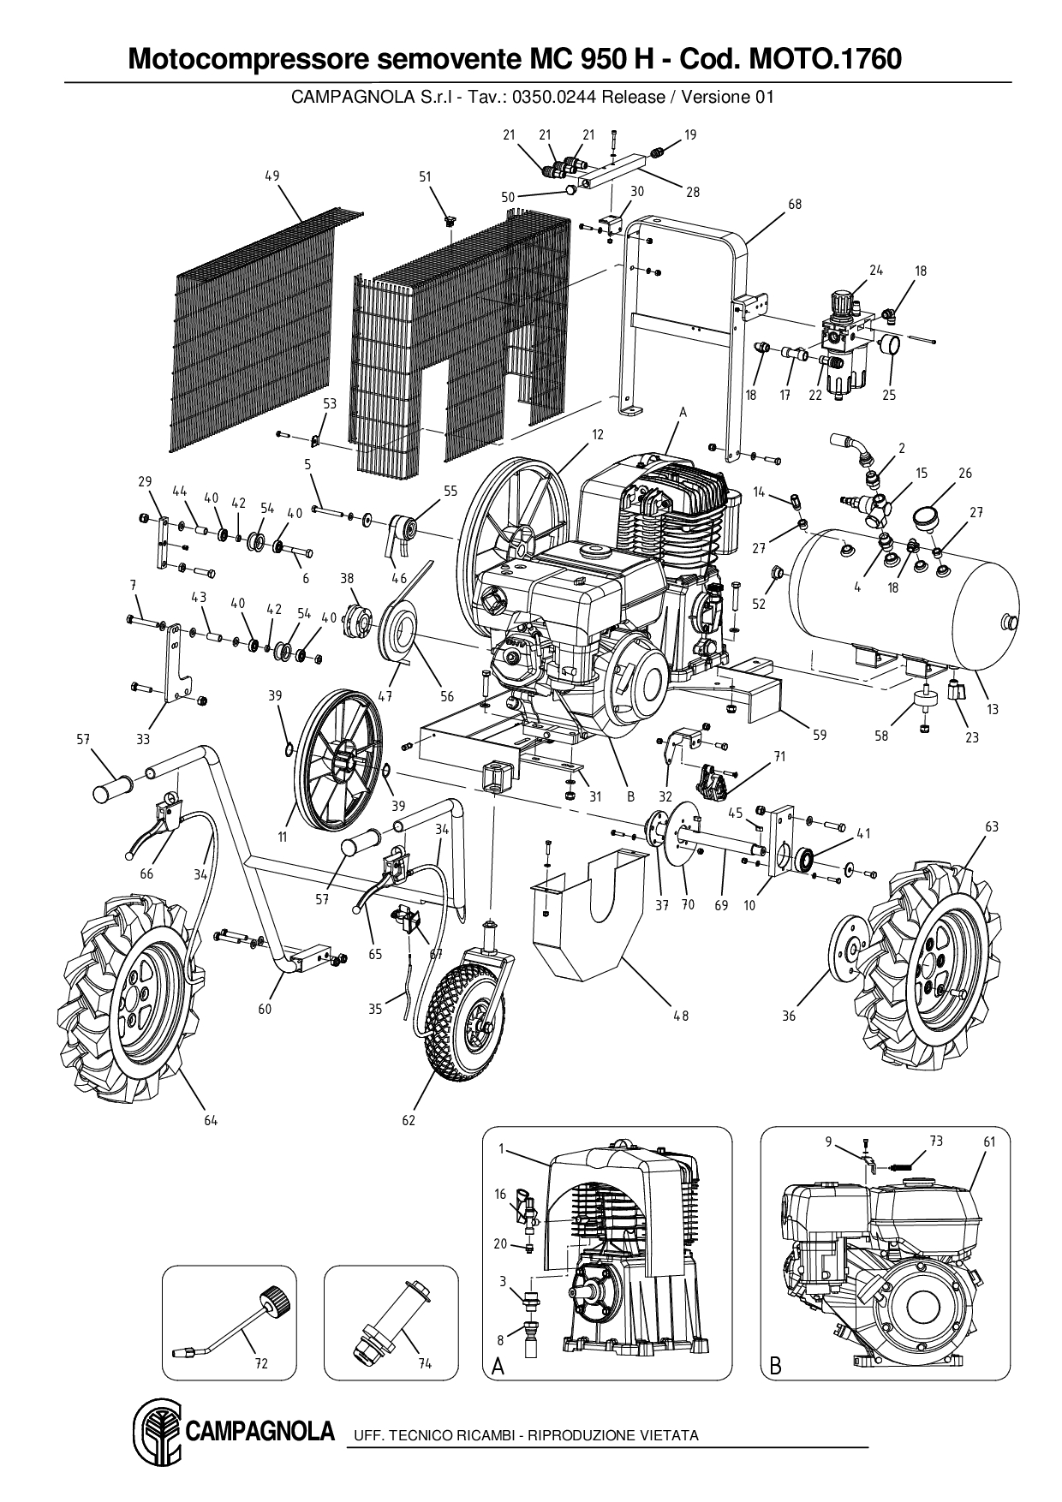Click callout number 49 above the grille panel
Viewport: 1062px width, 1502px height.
(x=272, y=176)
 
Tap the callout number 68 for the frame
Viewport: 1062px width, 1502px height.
(x=795, y=205)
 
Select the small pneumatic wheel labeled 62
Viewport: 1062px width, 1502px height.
(x=462, y=1020)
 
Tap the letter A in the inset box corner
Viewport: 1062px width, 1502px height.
(x=498, y=1368)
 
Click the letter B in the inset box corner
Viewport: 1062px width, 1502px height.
(x=775, y=1368)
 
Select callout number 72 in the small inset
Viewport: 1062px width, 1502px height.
(x=262, y=1363)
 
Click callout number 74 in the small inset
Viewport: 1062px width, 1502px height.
(x=424, y=1363)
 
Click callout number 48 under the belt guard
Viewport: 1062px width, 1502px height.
(x=680, y=1016)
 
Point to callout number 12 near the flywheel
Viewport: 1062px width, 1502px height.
(x=598, y=435)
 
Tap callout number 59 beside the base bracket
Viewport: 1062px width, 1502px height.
(x=820, y=734)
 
